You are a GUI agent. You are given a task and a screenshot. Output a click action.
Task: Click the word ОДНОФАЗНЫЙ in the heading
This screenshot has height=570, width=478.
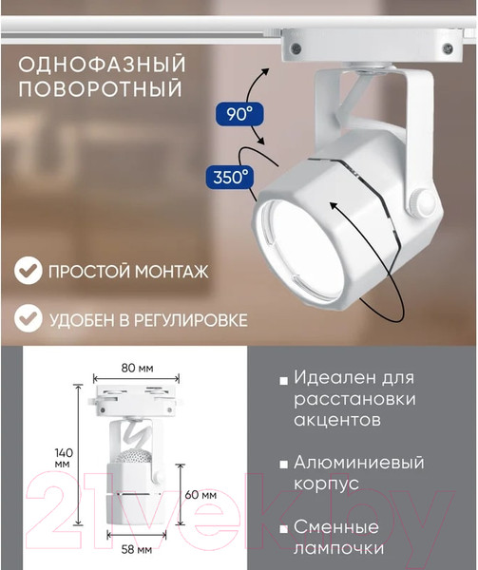click(x=102, y=65)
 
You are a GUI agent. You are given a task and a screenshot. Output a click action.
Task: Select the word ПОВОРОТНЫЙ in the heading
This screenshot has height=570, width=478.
click(x=100, y=88)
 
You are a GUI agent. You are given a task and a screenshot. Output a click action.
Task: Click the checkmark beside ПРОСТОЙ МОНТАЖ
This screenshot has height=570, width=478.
click(x=29, y=270)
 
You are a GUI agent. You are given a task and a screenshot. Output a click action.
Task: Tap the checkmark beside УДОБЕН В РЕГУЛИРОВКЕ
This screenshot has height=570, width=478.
click(x=29, y=318)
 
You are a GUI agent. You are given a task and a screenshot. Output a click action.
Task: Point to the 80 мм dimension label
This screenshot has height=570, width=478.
click(x=137, y=368)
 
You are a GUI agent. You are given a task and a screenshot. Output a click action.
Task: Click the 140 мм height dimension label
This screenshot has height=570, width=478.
click(x=64, y=458)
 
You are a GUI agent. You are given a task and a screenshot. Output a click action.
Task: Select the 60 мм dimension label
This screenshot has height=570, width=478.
click(x=201, y=494)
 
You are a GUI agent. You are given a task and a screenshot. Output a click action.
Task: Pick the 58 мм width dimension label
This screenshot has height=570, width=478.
click(x=136, y=549)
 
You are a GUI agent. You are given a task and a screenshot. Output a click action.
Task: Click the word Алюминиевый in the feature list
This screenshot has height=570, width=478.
click(x=359, y=463)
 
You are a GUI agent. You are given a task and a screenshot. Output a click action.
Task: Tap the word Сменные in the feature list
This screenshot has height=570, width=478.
click(x=336, y=526)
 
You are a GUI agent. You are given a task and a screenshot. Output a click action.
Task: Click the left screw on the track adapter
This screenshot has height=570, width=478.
click(x=296, y=47)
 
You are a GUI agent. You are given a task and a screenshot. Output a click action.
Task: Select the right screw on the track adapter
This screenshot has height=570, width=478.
click(x=448, y=47)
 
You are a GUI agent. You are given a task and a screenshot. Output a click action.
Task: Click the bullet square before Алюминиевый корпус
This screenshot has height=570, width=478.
click(x=283, y=465)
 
